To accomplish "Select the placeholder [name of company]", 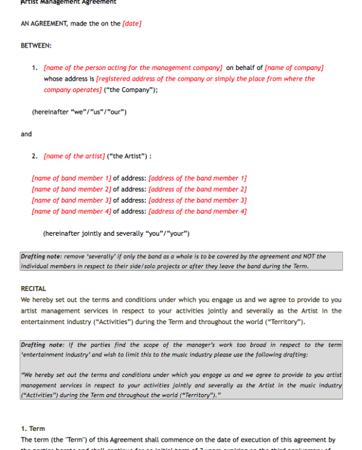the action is pyautogui.click(x=294, y=68).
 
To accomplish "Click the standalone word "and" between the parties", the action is pyautogui.click(x=26, y=134).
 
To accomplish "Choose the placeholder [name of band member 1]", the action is pyautogui.click(x=71, y=179).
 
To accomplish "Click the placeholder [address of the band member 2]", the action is pyautogui.click(x=198, y=189).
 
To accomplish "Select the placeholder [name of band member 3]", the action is pyautogui.click(x=71, y=200).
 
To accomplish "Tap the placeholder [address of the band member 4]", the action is pyautogui.click(x=198, y=212).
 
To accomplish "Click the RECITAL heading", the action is pyautogui.click(x=33, y=289).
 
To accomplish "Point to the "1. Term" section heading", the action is pyautogui.click(x=33, y=428).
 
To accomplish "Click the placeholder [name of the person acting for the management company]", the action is pyautogui.click(x=133, y=68).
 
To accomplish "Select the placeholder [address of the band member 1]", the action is pyautogui.click(x=198, y=179).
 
